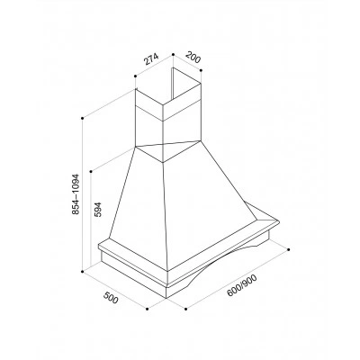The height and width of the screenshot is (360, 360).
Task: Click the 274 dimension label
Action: pyautogui.click(x=151, y=59)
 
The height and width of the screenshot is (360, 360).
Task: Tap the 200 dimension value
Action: pyautogui.click(x=193, y=57)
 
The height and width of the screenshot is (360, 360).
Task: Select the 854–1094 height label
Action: pyautogui.click(x=76, y=193)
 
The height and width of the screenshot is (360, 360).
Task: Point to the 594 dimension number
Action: pyautogui.click(x=99, y=209)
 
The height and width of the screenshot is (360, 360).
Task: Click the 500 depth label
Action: pyautogui.click(x=111, y=297)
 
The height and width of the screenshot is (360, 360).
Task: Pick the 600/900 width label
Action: pyautogui.click(x=242, y=286)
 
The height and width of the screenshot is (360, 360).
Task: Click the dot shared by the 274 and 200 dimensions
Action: pyautogui.click(x=173, y=54)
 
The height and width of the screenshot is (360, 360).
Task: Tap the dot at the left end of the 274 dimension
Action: pyautogui.click(x=136, y=76)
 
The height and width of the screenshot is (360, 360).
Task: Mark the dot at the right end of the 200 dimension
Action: pyautogui.click(x=201, y=70)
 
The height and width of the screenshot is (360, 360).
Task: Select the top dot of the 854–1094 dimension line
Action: pyautogui.click(x=82, y=118)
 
